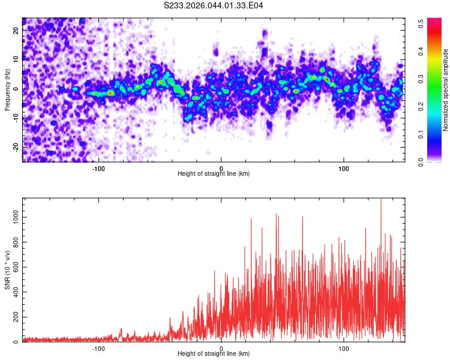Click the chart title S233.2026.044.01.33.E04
(x=214, y=5)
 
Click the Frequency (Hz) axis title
(x=7, y=89)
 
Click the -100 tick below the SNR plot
(x=98, y=349)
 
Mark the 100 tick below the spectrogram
(x=344, y=169)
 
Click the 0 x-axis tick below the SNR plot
(x=221, y=349)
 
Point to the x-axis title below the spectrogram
(x=214, y=174)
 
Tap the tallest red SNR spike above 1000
(x=380, y=200)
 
